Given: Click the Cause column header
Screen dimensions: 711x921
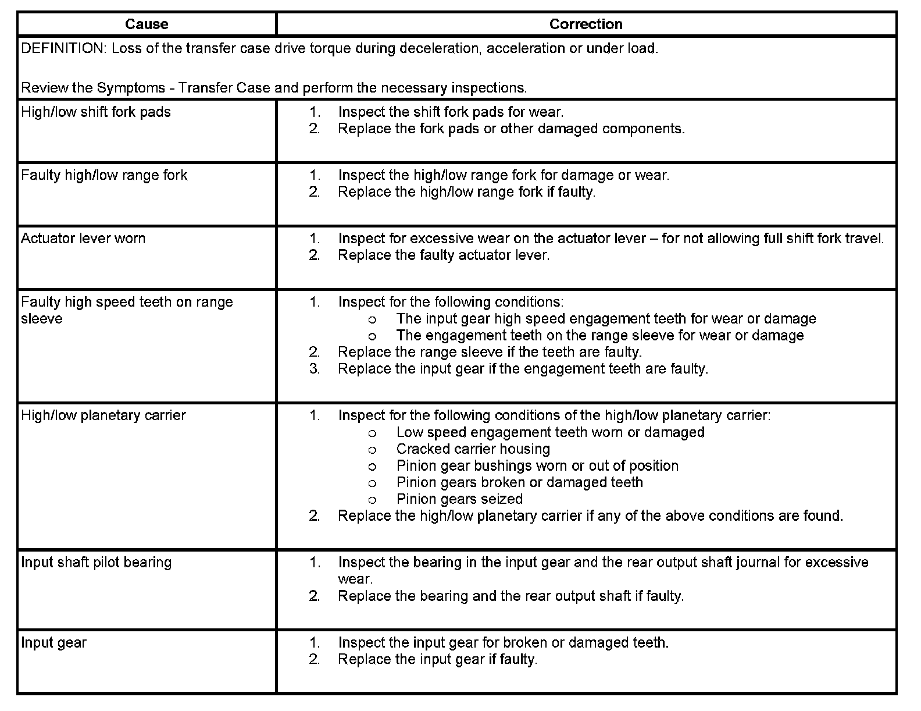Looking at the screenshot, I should tap(147, 24).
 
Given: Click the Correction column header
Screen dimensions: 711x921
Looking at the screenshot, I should tap(586, 24).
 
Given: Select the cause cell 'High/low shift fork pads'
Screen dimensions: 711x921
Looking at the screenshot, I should tap(96, 112).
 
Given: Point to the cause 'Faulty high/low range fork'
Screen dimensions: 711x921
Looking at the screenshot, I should tap(104, 175).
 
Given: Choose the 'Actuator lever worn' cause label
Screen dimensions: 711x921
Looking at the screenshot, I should tap(83, 239).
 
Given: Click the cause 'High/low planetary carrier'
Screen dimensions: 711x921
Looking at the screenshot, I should tap(103, 415).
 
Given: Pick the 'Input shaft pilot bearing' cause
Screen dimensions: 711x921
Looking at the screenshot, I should tap(97, 563).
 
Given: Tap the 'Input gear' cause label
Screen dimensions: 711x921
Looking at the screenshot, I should tap(53, 643).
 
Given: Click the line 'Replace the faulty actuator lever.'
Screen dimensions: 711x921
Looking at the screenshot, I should tap(444, 255).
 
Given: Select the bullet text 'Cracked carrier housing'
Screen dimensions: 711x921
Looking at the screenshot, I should tap(473, 449).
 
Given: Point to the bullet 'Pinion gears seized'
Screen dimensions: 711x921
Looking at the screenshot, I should tap(459, 499).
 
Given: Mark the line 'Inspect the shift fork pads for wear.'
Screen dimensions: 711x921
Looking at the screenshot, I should tap(451, 112).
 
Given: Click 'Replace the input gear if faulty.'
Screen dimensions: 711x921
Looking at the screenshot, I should tap(437, 660).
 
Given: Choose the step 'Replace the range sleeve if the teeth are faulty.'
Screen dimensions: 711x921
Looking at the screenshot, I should tap(490, 352).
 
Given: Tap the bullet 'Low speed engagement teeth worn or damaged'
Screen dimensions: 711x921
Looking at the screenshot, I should tap(550, 432).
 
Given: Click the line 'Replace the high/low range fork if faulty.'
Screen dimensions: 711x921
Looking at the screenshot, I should tap(466, 192).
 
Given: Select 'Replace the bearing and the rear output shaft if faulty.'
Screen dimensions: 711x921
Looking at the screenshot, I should tap(511, 596).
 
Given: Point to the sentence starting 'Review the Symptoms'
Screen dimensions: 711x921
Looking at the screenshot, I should tap(274, 88).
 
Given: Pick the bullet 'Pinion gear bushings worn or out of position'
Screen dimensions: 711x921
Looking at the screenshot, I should tap(537, 466).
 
